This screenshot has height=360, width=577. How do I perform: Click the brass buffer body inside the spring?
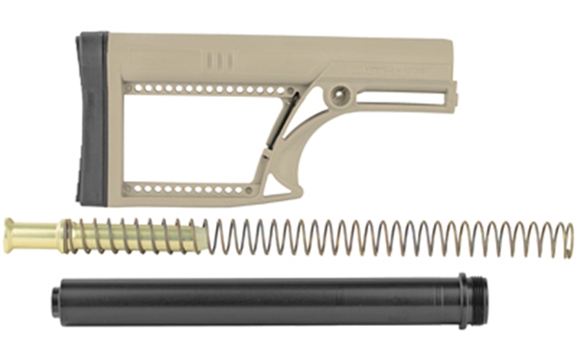point(138,237)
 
